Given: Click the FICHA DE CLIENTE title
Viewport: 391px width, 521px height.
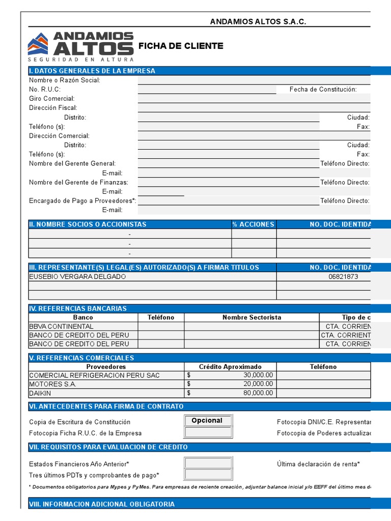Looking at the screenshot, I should [x=181, y=46].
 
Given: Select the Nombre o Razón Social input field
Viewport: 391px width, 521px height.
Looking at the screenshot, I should [x=254, y=80].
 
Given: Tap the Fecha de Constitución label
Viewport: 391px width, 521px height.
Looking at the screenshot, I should [x=323, y=90].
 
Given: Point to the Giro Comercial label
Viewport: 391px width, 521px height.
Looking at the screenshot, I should [x=52, y=99].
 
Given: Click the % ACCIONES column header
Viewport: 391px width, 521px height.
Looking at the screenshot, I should [x=254, y=224].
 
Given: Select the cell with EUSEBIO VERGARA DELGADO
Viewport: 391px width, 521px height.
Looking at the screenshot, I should [x=77, y=277].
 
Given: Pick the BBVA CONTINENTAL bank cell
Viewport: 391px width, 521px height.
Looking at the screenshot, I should [x=62, y=327].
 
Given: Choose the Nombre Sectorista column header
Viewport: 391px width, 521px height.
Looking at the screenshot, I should [x=252, y=317].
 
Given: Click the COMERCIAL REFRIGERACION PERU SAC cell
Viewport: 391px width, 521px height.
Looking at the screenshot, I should [x=94, y=375].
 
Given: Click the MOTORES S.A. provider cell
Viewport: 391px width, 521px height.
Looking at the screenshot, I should [x=52, y=385].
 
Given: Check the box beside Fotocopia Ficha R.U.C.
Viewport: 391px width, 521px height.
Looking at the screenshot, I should [x=208, y=432].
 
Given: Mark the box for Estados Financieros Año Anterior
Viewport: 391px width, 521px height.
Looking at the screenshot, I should [x=208, y=464].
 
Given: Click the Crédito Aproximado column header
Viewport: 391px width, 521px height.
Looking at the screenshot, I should [x=230, y=367].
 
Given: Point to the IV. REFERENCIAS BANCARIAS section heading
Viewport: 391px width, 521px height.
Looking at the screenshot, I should [x=78, y=308].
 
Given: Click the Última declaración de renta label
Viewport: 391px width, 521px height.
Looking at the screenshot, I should [x=318, y=464].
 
